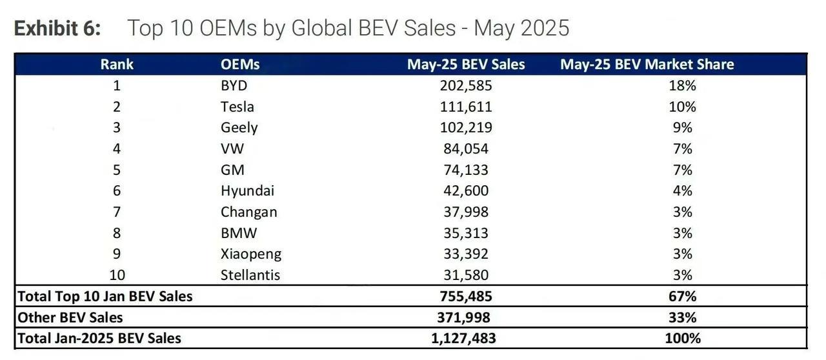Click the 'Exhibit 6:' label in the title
click(57, 28)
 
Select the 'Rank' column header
click(117, 64)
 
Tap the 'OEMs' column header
click(240, 64)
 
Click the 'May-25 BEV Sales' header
click(465, 64)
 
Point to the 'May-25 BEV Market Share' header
click(647, 64)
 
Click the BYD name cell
click(234, 85)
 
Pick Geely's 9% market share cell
click(682, 128)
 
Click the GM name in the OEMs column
click(232, 170)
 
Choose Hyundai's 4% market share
click(682, 190)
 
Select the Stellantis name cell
click(250, 275)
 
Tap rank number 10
click(117, 275)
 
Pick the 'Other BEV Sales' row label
click(70, 317)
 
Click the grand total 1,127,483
click(465, 338)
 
